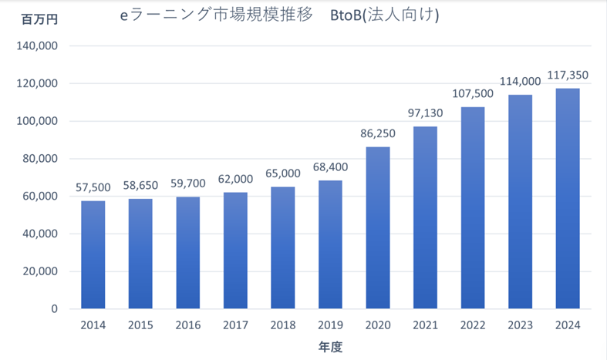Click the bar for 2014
pos(93,254)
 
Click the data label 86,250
pos(377,133)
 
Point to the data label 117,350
pos(567,75)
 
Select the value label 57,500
pos(93,187)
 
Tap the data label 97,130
pos(425,113)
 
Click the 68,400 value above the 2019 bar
pos(330,167)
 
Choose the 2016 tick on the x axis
pos(188,325)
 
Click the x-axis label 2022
pos(472,325)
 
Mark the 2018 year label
pos(283,325)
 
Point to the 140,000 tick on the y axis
pos(37,46)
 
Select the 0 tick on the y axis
pos(55,309)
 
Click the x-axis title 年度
pos(330,347)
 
